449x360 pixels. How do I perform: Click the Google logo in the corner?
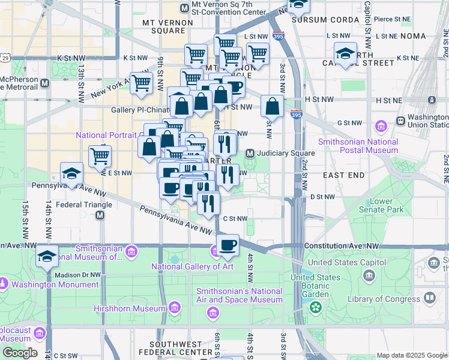(x=20, y=353)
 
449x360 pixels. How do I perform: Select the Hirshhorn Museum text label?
(x=128, y=308)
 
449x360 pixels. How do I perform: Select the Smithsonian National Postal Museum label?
(x=358, y=146)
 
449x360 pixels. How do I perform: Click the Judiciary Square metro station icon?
(x=250, y=153)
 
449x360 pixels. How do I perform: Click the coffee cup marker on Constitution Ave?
(x=228, y=245)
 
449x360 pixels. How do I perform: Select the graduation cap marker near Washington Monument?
(x=47, y=256)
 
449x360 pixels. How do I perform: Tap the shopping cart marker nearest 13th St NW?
(x=100, y=157)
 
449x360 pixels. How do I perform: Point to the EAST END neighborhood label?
(x=343, y=175)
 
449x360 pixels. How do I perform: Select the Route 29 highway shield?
(x=5, y=58)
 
